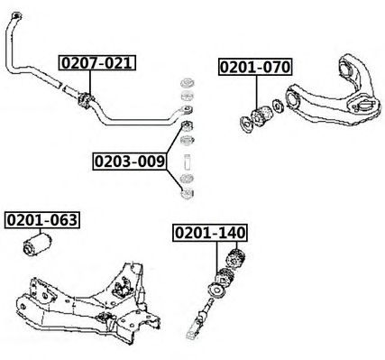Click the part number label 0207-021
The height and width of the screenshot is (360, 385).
pos(97,63)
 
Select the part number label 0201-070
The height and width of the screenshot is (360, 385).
pos(255,67)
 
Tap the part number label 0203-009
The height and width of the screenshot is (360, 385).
pos(130,162)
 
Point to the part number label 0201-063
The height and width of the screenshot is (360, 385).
pos(42,220)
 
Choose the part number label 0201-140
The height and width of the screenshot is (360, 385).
pos(210,233)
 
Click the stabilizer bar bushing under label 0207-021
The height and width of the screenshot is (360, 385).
pos(86,100)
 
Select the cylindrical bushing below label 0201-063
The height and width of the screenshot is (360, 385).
pos(37,245)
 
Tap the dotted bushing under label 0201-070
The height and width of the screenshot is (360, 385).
pos(261,116)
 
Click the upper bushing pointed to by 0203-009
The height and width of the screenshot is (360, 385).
pos(188,125)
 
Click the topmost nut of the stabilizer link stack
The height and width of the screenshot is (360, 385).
pos(188,83)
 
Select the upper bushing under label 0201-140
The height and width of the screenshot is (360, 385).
pos(235,258)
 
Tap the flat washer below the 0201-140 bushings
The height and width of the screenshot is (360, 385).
pos(216,291)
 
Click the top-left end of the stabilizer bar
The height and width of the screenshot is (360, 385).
pos(14,16)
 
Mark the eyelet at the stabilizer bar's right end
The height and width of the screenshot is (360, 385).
pos(187,110)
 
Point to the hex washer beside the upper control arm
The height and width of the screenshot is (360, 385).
pos(278,106)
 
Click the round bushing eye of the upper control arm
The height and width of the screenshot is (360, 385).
pos(292,98)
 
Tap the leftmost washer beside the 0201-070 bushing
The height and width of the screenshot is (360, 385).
pos(246,125)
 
